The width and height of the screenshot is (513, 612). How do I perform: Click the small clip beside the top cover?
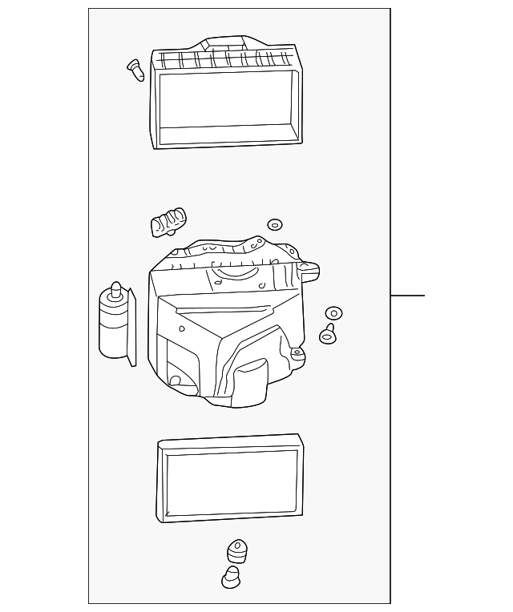click(136, 70)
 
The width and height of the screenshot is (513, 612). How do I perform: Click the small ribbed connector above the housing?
click(168, 222)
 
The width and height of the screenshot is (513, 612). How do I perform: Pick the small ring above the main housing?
click(275, 224)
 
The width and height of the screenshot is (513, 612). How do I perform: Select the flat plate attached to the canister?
click(132, 328)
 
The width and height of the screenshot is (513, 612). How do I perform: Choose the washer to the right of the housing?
click(333, 313)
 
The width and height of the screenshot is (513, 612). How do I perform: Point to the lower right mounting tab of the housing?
click(297, 352)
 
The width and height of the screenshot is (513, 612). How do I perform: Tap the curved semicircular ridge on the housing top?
click(233, 275)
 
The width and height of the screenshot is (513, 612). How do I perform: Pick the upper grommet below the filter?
click(236, 551)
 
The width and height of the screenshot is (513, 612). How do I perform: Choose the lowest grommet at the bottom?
click(230, 577)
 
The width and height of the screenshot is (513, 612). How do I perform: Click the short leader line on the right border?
click(407, 296)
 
